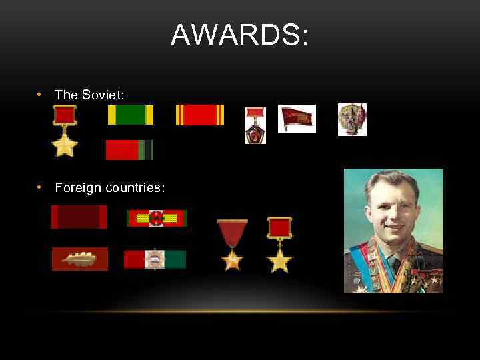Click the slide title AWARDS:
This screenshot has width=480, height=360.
[x=240, y=35]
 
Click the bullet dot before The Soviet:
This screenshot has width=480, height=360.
[x=41, y=95]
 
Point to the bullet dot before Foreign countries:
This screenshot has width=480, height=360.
[x=41, y=188]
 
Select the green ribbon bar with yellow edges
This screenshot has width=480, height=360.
[x=131, y=115]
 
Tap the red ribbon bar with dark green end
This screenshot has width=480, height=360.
[x=129, y=150]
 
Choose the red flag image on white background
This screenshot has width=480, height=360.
[x=297, y=119]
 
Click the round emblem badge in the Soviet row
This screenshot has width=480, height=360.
[x=351, y=119]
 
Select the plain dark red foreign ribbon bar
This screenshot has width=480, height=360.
[x=79, y=217]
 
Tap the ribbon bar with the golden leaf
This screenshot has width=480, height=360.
[x=79, y=259]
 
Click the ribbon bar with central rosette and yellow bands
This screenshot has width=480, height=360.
[x=157, y=218]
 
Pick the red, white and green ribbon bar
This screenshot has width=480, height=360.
[x=155, y=259]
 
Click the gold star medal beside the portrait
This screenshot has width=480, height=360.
[x=279, y=245]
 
